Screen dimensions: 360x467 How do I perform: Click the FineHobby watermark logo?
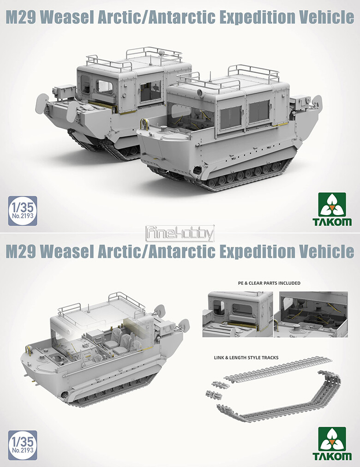180,233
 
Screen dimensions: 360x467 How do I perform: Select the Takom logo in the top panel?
332,209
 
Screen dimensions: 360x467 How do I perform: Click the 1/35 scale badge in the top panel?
23,210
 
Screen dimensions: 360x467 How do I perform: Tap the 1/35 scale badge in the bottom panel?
23,445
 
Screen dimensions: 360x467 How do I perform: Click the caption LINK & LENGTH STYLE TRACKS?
246,357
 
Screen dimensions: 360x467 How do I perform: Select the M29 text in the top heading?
21,18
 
